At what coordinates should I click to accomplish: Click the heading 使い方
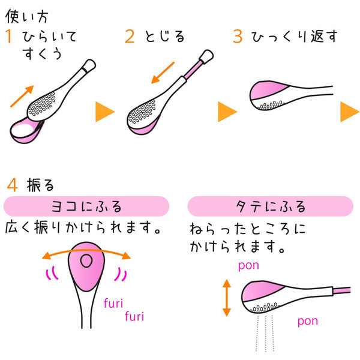coord(27,13)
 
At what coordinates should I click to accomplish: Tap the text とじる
coord(164,37)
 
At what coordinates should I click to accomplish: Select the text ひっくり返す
coord(294,37)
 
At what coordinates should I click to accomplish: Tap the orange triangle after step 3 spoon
coord(349,112)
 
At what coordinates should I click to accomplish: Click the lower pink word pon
coord(307,321)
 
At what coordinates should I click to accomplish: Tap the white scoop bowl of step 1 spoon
coord(23,127)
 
